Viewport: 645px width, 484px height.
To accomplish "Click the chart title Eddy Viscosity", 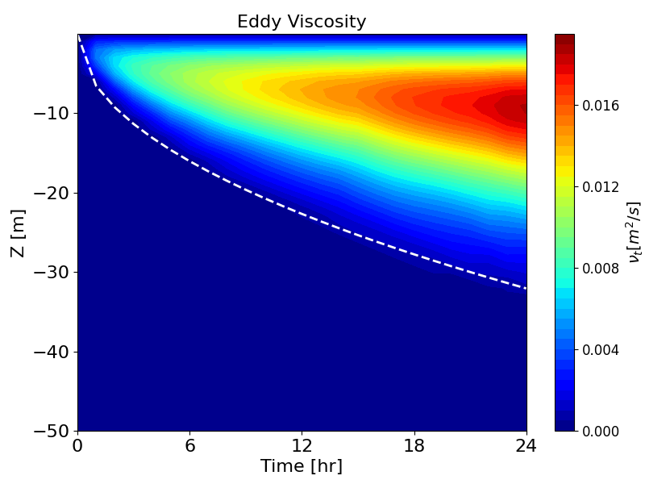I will pos(302,22).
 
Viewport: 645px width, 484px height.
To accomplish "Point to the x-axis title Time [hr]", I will pos(302,466).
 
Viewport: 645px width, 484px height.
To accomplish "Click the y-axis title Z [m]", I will pos(18,233).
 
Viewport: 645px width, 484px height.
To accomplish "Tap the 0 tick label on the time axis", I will pos(78,446).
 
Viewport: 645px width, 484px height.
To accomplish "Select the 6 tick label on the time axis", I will pos(190,446).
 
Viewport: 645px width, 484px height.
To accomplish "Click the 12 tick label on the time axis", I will pos(302,446).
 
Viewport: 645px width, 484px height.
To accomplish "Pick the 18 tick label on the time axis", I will pos(414,446).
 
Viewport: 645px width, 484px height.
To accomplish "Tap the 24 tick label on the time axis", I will pos(526,446).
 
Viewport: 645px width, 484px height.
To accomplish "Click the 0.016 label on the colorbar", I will pos(601,106).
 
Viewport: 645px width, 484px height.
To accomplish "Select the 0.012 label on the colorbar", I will pos(601,187).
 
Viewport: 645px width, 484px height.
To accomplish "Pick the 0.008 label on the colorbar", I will pos(601,269).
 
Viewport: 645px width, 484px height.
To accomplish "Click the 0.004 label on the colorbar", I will pos(601,350).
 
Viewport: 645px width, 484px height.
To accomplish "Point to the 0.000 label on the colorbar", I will pos(601,431).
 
